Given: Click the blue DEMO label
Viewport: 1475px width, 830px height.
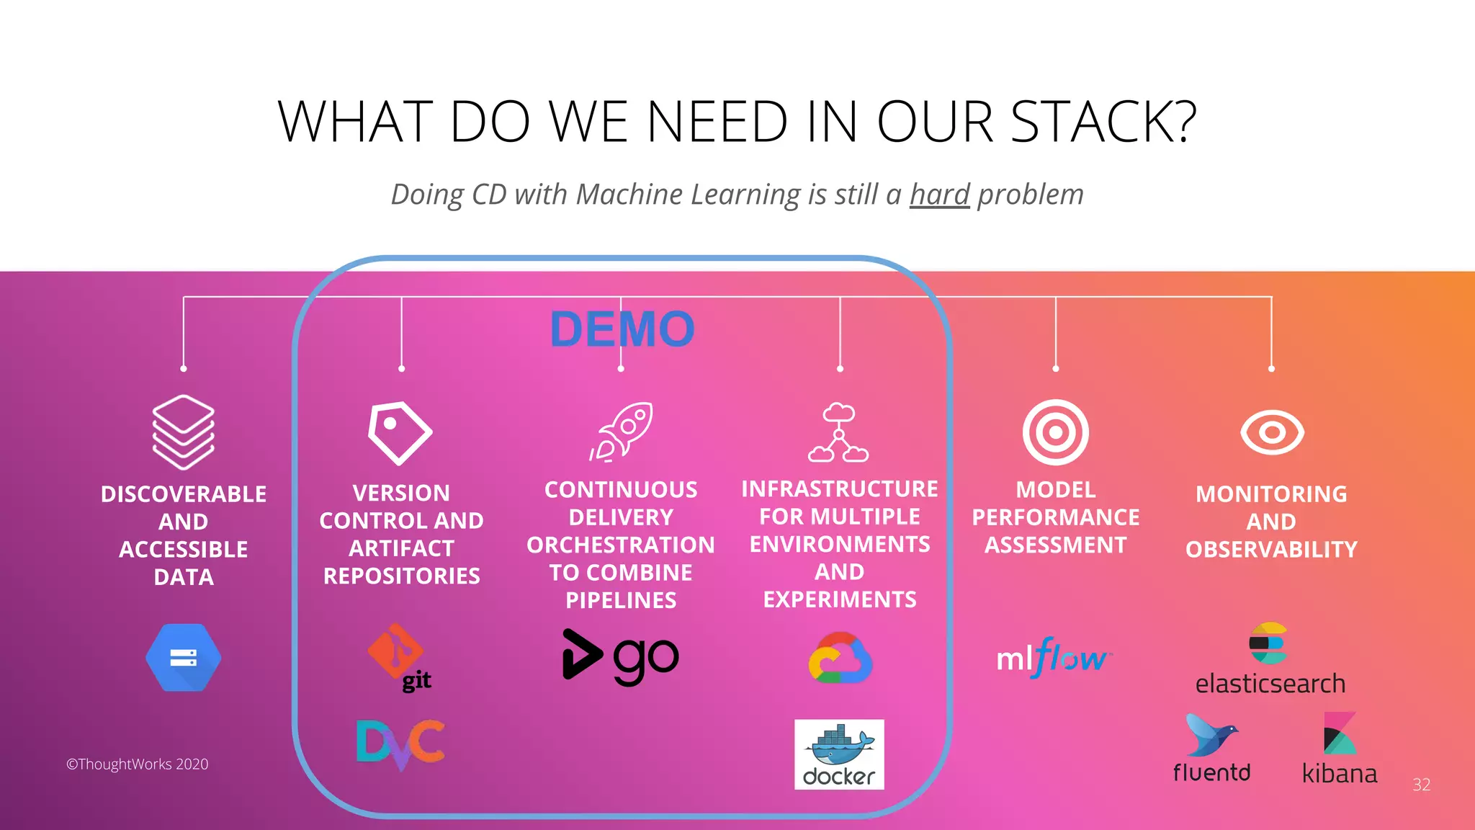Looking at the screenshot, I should tap(622, 329).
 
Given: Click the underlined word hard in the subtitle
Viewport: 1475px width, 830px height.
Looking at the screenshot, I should tap(940, 195).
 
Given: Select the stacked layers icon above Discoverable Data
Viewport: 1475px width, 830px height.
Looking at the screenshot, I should tap(184, 432).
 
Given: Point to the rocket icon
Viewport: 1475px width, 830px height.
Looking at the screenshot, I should tap(622, 432).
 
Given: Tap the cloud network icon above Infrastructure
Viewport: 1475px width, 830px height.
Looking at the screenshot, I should tap(838, 433).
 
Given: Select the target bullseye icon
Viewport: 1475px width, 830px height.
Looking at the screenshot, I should tap(1056, 432).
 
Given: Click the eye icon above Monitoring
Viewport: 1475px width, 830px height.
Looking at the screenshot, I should tap(1272, 432).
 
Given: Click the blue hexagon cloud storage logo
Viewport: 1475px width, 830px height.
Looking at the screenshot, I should tap(184, 658).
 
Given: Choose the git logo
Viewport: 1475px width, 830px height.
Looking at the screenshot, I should tap(400, 658).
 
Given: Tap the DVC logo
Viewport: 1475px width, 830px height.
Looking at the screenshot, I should tap(401, 744).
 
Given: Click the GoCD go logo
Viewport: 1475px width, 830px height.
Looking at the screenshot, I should tap(620, 656).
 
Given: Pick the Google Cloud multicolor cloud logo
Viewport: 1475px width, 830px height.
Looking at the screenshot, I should tap(840, 658).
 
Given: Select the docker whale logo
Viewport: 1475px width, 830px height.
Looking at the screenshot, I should tap(839, 754).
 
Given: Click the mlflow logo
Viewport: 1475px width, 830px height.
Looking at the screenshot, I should tap(1054, 658).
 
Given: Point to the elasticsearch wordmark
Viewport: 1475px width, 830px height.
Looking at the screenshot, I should tap(1270, 683).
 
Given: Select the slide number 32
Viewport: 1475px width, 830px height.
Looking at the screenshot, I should tap(1421, 785).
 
